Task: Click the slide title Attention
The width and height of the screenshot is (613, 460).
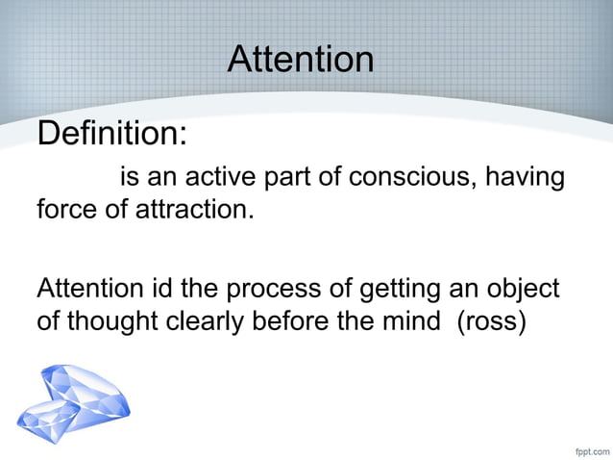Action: point(301,60)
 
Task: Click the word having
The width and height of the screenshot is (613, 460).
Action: point(527,180)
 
